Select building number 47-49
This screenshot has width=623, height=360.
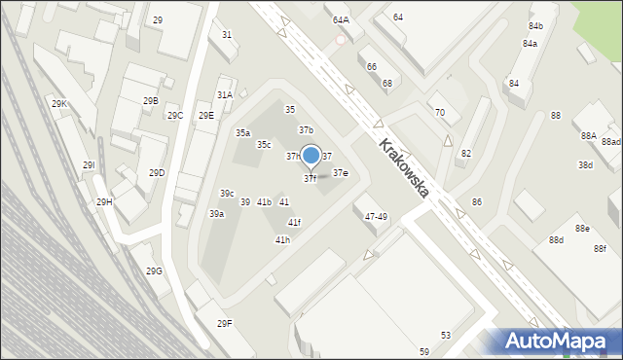click(376, 217)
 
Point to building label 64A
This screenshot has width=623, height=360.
click(340, 20)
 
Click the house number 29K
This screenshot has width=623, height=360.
click(58, 104)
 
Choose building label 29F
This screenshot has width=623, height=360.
click(225, 323)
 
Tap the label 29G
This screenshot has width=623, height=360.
click(154, 271)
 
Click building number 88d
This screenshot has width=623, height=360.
click(556, 240)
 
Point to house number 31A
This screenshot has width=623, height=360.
click(225, 95)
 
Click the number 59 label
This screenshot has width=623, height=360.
click(424, 351)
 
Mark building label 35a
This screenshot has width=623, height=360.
click(242, 132)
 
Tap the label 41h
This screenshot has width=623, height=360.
click(282, 239)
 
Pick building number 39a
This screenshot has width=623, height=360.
click(216, 214)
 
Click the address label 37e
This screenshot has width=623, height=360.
click(341, 173)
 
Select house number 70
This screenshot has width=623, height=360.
click(440, 113)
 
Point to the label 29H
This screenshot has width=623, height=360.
click(104, 202)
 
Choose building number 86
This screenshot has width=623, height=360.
click(477, 202)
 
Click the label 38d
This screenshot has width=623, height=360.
click(585, 165)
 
